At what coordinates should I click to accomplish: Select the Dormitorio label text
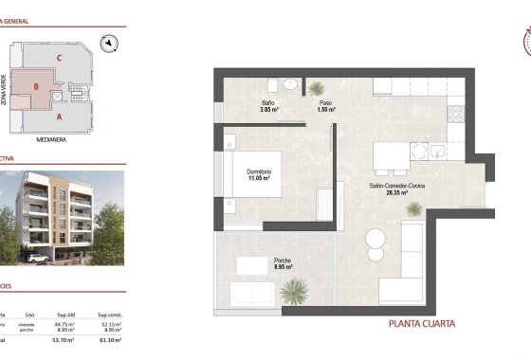261,171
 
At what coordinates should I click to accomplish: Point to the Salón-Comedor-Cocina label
396,187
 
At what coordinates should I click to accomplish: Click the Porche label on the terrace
283,261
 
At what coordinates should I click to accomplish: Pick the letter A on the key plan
59,117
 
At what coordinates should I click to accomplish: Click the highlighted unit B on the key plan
36,88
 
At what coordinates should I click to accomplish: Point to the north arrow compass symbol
110,41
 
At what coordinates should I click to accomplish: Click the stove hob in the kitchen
454,113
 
